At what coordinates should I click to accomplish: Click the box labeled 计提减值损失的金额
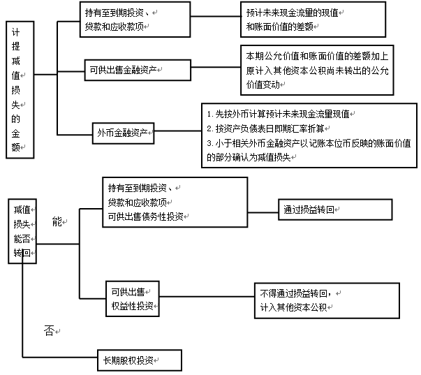pyautogui.click(x=20, y=88)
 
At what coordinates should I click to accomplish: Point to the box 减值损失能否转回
pyautogui.click(x=22, y=230)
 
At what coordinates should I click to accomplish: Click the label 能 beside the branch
pyautogui.click(x=57, y=221)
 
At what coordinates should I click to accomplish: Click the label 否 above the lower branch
pyautogui.click(x=49, y=327)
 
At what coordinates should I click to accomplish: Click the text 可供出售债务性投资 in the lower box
pyautogui.click(x=145, y=216)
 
